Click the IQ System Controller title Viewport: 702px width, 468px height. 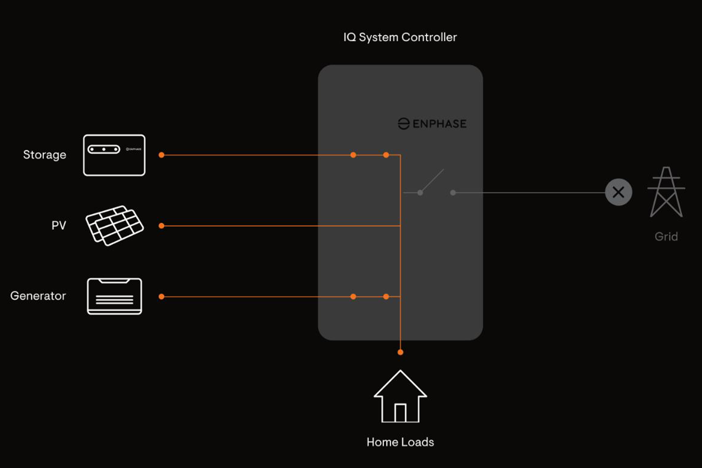coord(400,37)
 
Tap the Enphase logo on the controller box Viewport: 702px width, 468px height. coord(432,124)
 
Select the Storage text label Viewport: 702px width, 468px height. coord(44,155)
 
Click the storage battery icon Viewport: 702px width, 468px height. coord(114,155)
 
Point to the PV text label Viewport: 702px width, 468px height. coord(59,225)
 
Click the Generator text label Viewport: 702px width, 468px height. coord(38,296)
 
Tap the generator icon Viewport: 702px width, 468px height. coord(114,297)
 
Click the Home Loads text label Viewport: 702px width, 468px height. coord(400,442)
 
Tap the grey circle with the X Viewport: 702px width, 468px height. coord(618,192)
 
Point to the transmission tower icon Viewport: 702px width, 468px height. coord(666,192)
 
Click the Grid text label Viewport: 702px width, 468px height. coord(666,237)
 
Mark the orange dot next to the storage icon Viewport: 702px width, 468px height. coord(161,155)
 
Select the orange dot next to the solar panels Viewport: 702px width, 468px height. coord(161,226)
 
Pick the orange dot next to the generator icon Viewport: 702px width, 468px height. coord(161,297)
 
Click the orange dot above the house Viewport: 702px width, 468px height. coord(400,352)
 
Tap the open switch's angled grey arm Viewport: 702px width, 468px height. coord(432,181)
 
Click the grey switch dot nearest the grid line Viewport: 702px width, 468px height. coord(453,193)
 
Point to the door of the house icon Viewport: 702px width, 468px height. coord(400,413)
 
